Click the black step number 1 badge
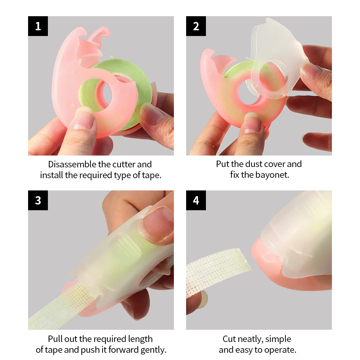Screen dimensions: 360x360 coord(38,26)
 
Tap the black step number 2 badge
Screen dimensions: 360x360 coord(196,26)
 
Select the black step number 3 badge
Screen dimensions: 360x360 coord(38,200)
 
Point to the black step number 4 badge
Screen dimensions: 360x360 coord(196,200)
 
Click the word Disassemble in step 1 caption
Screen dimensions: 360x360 coord(72,165)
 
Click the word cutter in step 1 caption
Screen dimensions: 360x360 coord(123,165)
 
